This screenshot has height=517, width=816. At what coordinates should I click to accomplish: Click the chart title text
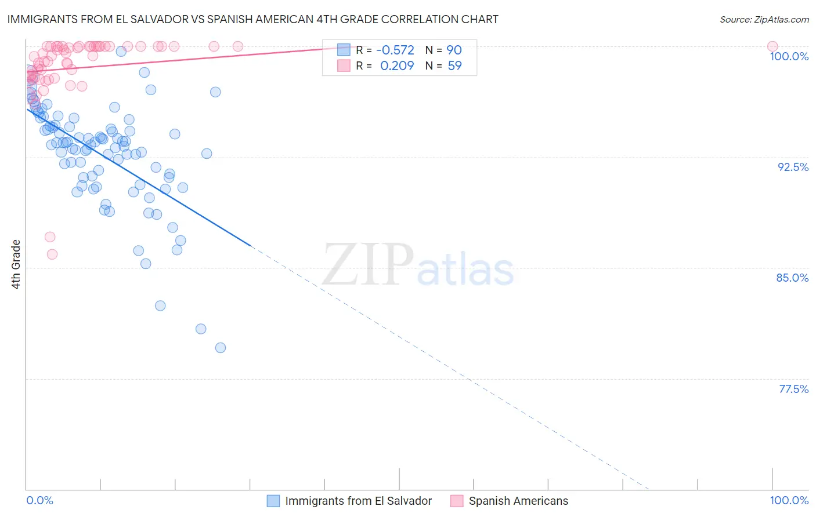point(252,19)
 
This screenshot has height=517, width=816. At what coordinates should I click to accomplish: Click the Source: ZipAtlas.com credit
point(764,19)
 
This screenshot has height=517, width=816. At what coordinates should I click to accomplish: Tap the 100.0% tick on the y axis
point(789,56)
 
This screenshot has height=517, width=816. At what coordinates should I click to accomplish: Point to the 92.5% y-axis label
point(793,167)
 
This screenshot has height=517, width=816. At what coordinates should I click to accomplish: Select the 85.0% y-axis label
point(792,278)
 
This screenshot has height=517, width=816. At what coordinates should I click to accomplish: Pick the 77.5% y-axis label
point(793,389)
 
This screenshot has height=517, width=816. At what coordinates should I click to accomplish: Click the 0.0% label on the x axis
point(39,500)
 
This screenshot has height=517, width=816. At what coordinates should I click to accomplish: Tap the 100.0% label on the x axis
point(789,500)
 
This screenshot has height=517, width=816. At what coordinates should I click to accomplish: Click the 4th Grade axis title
point(16,264)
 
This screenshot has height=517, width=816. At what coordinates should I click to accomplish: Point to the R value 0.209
point(397,65)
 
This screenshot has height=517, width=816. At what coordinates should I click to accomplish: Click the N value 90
point(454,50)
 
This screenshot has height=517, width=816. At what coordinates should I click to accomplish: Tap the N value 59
point(454,65)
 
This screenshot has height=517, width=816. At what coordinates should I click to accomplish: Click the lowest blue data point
point(221,348)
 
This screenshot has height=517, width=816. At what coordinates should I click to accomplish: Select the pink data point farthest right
point(772,46)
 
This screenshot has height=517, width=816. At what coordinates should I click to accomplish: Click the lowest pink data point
point(52,254)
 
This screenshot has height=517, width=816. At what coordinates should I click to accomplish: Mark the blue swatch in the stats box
point(344,50)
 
